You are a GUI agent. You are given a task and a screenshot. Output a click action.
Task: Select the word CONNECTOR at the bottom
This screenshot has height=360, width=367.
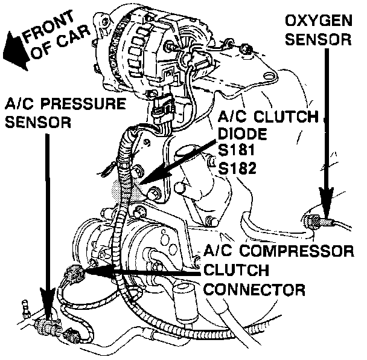pyautogui.click(x=254, y=289)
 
